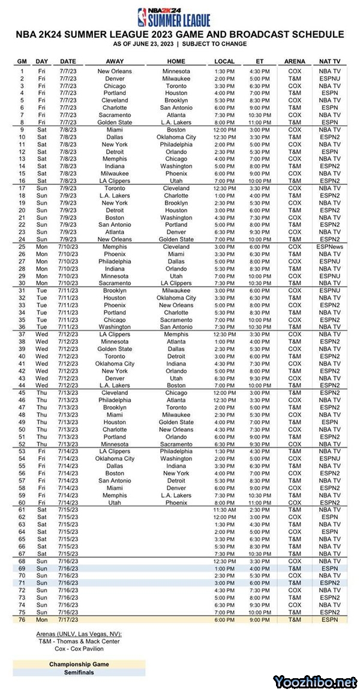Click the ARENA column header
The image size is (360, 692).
(x=295, y=61)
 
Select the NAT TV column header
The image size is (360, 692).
(x=329, y=61)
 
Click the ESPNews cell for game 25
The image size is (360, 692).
(x=329, y=247)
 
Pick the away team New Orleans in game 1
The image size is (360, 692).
(x=115, y=71)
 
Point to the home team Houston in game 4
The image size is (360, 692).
(x=176, y=93)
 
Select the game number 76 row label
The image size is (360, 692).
(x=22, y=619)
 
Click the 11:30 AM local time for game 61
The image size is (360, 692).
(x=224, y=510)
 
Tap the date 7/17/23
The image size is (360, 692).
(x=68, y=619)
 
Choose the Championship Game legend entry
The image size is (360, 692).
(x=79, y=664)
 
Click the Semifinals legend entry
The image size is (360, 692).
(x=79, y=672)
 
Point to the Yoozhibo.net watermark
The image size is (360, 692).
(x=315, y=682)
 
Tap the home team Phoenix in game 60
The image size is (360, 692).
(x=176, y=502)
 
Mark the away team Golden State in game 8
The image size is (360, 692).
(x=115, y=122)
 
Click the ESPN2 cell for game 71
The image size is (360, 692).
(x=329, y=583)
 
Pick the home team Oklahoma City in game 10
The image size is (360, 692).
(x=176, y=137)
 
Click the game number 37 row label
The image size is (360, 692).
(x=22, y=334)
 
